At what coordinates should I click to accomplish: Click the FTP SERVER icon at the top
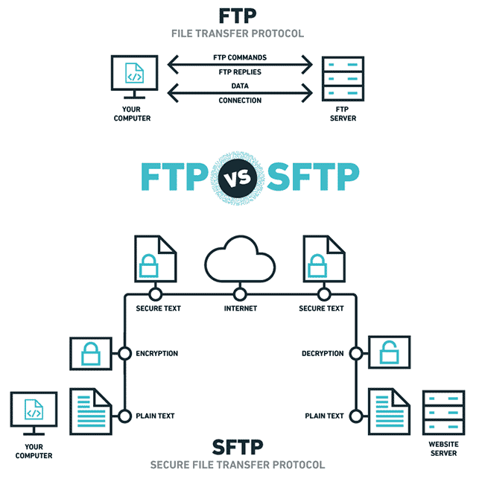(x=344, y=79)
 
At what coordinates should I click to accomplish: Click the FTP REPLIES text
(x=240, y=72)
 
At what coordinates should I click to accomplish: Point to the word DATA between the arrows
(x=240, y=87)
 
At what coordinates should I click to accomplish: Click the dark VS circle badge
(x=240, y=176)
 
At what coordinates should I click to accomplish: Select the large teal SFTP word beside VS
(x=311, y=176)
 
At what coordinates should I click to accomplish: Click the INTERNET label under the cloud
(x=240, y=308)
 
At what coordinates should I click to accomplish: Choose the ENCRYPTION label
(x=157, y=353)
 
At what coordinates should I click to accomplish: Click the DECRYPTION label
(x=323, y=353)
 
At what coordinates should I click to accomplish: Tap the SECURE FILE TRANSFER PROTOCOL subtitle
(x=238, y=465)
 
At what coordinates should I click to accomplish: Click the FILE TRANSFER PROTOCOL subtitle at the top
(x=238, y=34)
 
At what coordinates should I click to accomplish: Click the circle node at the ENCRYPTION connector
(x=124, y=353)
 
